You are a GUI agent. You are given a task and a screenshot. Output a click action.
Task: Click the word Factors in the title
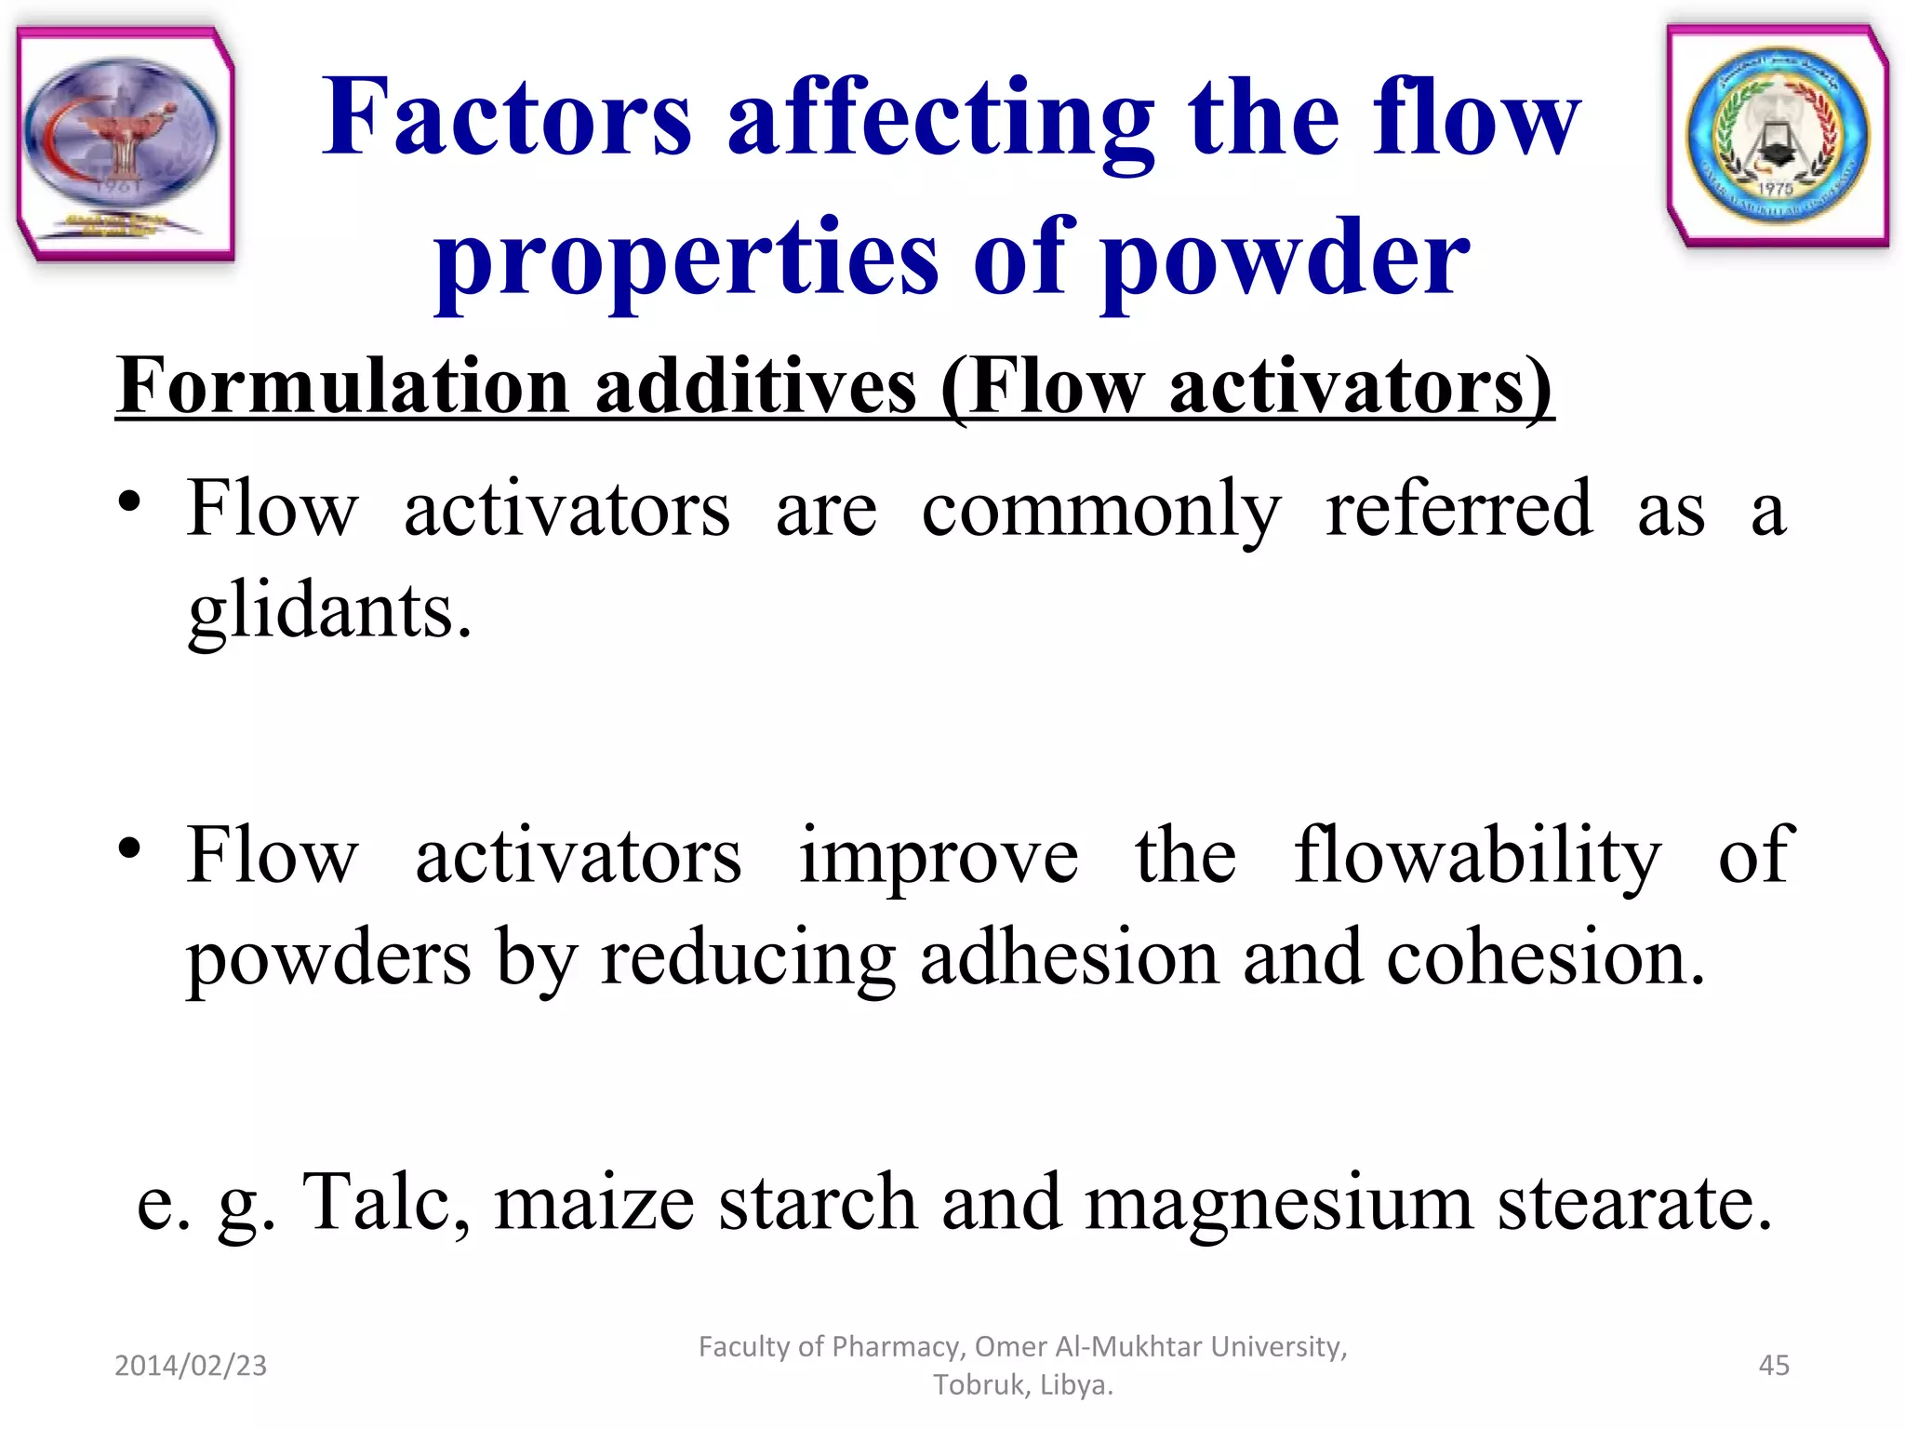tap(507, 119)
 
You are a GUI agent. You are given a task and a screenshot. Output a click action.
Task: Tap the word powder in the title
tap(1289, 259)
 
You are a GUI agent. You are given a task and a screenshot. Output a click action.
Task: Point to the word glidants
tap(330, 612)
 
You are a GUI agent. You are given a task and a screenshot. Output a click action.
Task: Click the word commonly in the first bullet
tap(1100, 510)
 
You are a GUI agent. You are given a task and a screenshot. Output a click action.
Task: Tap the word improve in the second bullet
tap(939, 856)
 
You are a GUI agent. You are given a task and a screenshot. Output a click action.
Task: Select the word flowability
tap(1477, 856)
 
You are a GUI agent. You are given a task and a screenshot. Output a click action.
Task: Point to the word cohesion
tap(1545, 958)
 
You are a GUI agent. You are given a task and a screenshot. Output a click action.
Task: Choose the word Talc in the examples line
tap(386, 1202)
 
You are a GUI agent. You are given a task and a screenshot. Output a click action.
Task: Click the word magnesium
tap(1280, 1204)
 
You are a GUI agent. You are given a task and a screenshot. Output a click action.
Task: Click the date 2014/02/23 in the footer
tap(191, 1365)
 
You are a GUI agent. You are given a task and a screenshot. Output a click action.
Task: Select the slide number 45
tap(1774, 1365)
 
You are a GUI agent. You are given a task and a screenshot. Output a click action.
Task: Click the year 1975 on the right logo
tap(1775, 189)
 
